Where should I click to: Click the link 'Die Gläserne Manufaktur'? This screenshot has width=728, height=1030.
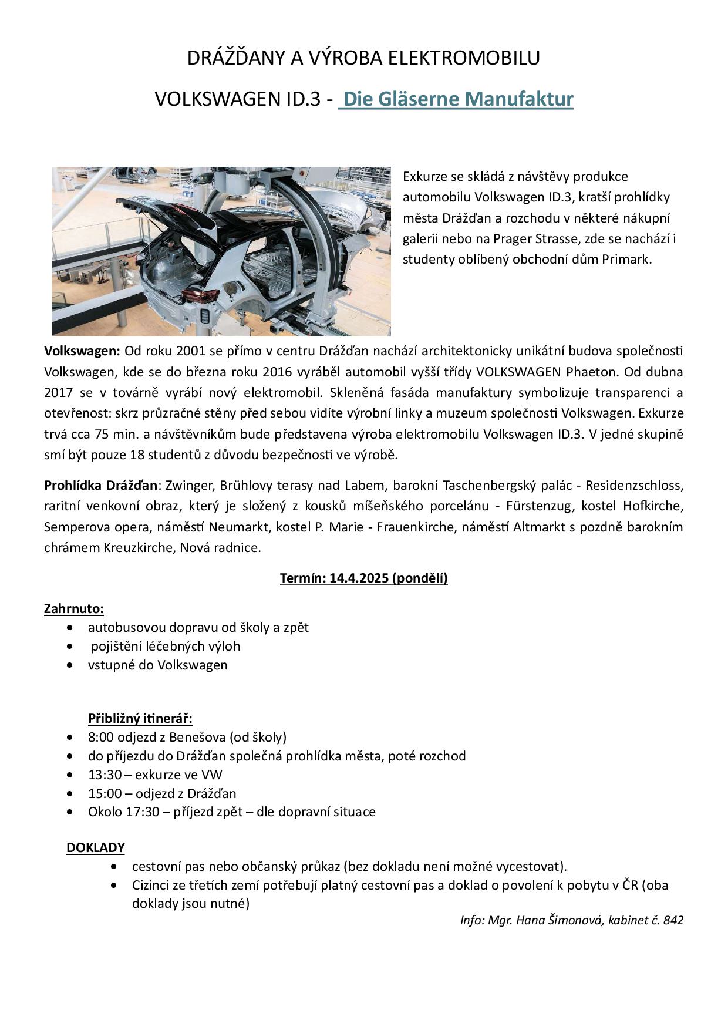458,99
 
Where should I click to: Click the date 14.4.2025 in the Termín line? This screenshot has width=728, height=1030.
359,578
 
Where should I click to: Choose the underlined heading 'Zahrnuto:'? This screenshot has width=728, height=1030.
74,608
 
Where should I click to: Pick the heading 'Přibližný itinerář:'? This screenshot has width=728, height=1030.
140,718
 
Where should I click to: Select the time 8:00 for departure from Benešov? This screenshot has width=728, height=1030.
100,737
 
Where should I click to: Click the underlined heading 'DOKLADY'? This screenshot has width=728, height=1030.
96,847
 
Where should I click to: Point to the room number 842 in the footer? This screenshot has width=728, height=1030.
673,920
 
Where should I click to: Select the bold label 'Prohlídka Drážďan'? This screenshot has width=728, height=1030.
101,486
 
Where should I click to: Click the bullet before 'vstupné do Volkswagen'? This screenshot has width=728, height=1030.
71,665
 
